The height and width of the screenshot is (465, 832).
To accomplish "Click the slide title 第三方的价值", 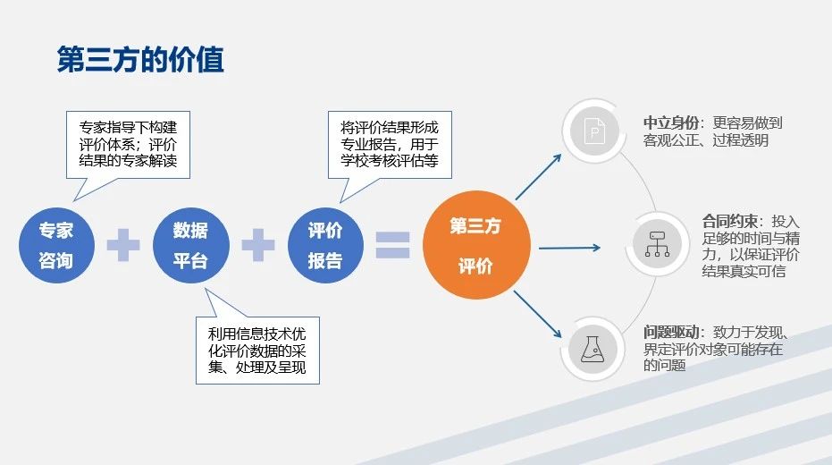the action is (140, 59).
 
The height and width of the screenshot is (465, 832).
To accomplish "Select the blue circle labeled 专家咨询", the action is (57, 245).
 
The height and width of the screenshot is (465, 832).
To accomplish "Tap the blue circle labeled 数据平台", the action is (191, 245).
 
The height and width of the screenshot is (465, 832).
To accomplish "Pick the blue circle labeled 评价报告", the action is (326, 245).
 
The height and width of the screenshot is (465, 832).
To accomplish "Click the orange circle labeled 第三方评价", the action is (476, 245).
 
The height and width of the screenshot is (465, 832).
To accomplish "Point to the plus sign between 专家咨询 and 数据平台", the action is (123, 245).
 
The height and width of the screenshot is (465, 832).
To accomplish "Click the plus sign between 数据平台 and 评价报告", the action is (258, 245).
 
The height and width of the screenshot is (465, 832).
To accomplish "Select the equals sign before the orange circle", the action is (392, 245).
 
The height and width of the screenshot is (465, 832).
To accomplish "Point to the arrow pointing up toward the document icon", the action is (539, 177).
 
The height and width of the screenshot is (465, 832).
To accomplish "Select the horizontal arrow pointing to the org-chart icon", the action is (569, 248).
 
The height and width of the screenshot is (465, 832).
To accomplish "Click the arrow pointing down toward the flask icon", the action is (537, 314).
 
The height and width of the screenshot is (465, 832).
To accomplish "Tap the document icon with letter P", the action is (594, 131).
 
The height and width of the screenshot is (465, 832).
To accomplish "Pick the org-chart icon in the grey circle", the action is (657, 244).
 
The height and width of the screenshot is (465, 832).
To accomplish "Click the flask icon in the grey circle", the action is (592, 350).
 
